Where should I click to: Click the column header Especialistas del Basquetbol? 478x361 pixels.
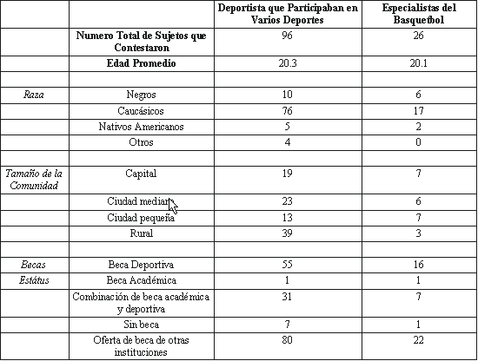click(419, 14)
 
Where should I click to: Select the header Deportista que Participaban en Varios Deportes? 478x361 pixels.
click(288, 14)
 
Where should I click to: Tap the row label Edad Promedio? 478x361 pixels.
click(141, 63)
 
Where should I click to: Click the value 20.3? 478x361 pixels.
click(288, 63)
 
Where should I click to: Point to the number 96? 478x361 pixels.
click(287, 36)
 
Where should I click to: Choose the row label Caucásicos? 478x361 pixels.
click(141, 111)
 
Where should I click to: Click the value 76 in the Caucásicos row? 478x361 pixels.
click(287, 111)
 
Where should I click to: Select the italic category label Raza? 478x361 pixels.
click(34, 95)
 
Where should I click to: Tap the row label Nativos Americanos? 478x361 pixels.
click(141, 127)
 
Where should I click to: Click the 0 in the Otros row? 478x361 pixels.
click(418, 142)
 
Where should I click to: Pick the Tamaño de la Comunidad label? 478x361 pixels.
click(34, 180)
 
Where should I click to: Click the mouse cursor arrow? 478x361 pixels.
click(173, 207)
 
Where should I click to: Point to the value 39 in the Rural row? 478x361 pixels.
click(287, 233)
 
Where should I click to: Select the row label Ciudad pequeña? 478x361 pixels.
click(141, 218)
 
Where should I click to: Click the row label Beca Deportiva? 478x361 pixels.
click(141, 265)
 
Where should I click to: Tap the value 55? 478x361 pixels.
click(287, 264)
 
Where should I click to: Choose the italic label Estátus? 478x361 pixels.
click(34, 280)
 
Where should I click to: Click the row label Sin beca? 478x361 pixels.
click(141, 325)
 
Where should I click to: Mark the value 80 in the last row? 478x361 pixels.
click(287, 339)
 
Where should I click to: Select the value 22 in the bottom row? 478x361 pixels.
click(418, 339)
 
